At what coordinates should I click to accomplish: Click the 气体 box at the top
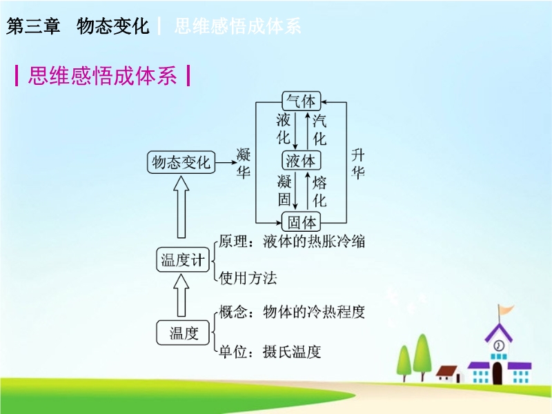[x=302, y=101]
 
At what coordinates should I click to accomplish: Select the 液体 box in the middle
[x=302, y=161]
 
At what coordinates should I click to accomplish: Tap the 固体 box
[x=302, y=221]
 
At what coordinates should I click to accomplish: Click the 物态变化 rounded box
[x=181, y=162]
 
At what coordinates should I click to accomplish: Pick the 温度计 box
[x=183, y=260]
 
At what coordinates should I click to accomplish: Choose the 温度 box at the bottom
[x=183, y=333]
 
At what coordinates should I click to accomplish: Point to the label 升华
[x=357, y=164]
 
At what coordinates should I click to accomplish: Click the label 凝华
[x=244, y=163]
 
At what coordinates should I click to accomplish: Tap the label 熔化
[x=319, y=192]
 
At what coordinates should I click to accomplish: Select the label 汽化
[x=319, y=130]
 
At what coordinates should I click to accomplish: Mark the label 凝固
[x=284, y=190]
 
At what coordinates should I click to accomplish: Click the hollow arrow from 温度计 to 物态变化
[x=181, y=207]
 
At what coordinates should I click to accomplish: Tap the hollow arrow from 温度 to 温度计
[x=181, y=295]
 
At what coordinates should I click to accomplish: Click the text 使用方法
[x=248, y=278]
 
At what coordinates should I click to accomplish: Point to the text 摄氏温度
[x=292, y=352]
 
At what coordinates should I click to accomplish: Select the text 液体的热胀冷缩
[x=314, y=241]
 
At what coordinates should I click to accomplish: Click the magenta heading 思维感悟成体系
[x=102, y=75]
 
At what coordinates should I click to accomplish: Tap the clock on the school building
[x=498, y=346]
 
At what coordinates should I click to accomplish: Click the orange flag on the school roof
[x=506, y=310]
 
